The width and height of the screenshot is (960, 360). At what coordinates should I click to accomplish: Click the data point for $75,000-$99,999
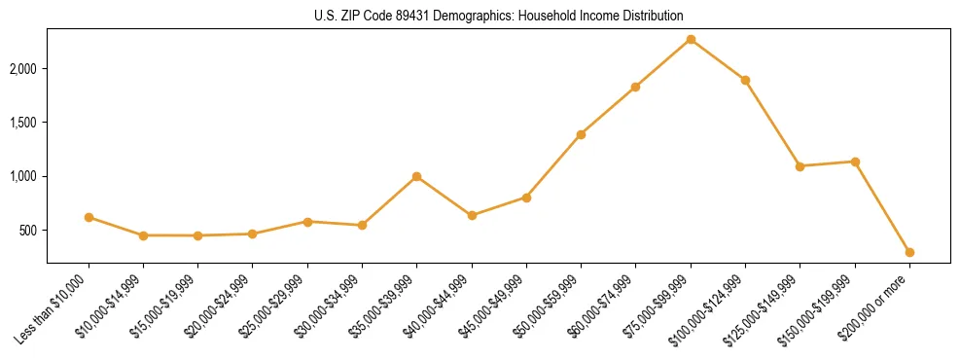(x=691, y=39)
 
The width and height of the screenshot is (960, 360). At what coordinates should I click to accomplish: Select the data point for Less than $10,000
(x=89, y=217)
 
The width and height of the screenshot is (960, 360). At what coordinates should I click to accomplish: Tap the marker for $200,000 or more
(x=909, y=252)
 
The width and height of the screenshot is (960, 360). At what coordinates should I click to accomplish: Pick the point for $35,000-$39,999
(x=416, y=176)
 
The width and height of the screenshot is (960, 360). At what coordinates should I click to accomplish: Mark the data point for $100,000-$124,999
(x=745, y=80)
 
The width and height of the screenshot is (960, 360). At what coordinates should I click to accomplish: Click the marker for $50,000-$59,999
(x=581, y=134)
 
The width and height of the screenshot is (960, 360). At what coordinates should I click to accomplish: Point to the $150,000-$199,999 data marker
(x=855, y=162)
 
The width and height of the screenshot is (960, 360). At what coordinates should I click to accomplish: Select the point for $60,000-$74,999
(x=635, y=87)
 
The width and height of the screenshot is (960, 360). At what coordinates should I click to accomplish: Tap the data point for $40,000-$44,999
(x=472, y=215)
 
